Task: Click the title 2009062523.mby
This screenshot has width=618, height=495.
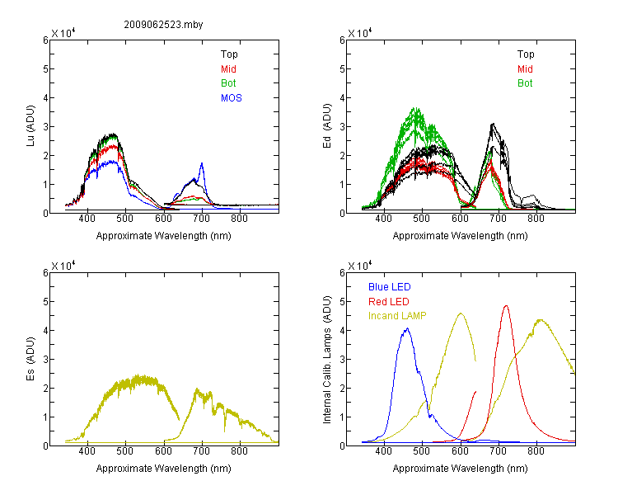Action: pos(163,25)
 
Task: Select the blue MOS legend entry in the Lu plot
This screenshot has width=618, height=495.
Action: pos(232,98)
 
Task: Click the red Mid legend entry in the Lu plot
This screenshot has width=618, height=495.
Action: pos(228,69)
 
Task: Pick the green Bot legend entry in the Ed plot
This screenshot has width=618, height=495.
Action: pos(525,83)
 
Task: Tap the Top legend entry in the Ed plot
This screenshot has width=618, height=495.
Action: pos(526,54)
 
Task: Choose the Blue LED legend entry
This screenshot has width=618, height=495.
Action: pos(390,287)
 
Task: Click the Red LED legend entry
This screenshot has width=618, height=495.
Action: pos(389,302)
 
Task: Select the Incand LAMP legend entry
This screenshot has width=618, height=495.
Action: pos(397,316)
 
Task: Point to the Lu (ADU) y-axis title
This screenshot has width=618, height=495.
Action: pos(30,126)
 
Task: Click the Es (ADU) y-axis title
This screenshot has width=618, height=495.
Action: pos(30,358)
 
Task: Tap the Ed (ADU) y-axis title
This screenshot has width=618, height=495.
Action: pos(327,126)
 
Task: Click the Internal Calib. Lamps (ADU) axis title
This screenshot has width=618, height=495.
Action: pos(327,360)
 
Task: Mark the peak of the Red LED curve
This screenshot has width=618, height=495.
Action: pos(506,305)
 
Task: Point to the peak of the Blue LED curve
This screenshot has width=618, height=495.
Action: pos(407,328)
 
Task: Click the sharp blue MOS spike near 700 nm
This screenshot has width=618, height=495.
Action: pos(202,163)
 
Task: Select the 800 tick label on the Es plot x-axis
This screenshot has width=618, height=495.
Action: pos(239,451)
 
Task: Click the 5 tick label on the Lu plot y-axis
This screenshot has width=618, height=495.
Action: pos(45,69)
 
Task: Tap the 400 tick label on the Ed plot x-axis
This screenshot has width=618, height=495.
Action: pos(383,219)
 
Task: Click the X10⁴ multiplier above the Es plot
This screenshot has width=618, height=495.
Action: pos(63,266)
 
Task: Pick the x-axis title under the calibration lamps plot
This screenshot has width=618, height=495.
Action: pos(460,469)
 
